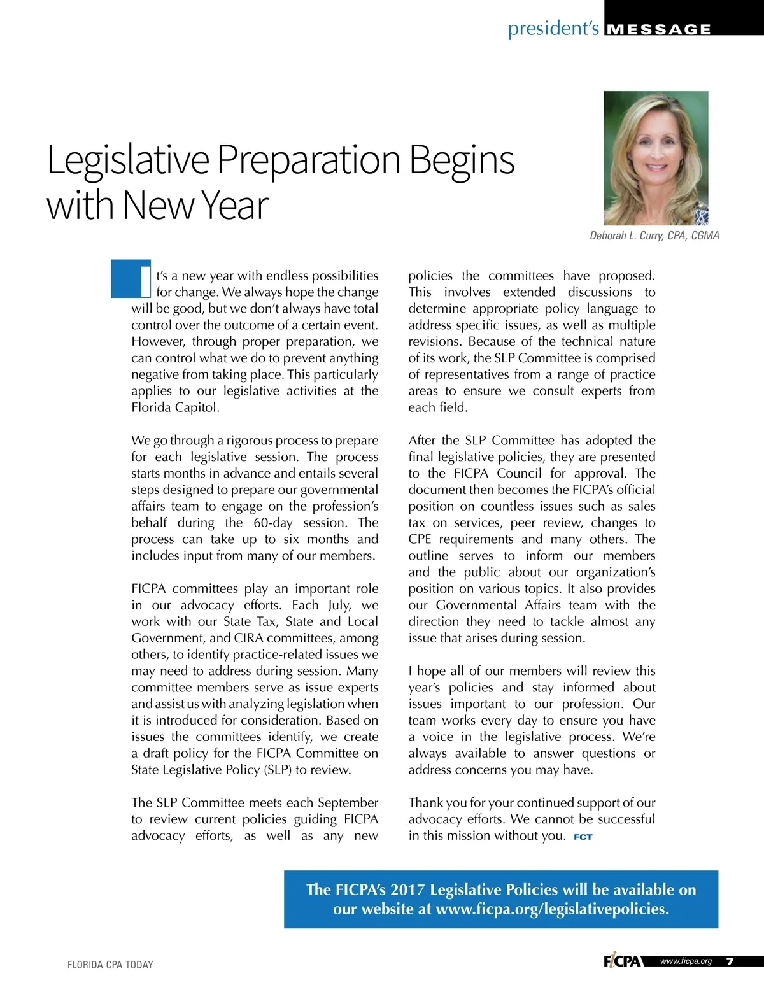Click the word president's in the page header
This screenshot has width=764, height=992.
(x=553, y=29)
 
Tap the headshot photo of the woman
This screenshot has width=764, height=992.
(x=656, y=158)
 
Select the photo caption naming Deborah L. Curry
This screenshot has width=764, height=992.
(x=654, y=236)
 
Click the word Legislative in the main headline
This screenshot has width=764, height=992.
(x=128, y=161)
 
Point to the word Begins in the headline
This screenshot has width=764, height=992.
(x=462, y=161)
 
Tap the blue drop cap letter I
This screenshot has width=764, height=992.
(x=131, y=279)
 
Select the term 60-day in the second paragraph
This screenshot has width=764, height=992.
(x=273, y=523)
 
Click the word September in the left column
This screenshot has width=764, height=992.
(x=348, y=803)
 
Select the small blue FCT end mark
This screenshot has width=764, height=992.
(x=583, y=837)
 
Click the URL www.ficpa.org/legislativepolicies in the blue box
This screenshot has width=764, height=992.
(x=552, y=909)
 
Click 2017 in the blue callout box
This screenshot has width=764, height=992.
(x=408, y=889)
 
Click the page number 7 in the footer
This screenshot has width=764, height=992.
(x=730, y=961)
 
